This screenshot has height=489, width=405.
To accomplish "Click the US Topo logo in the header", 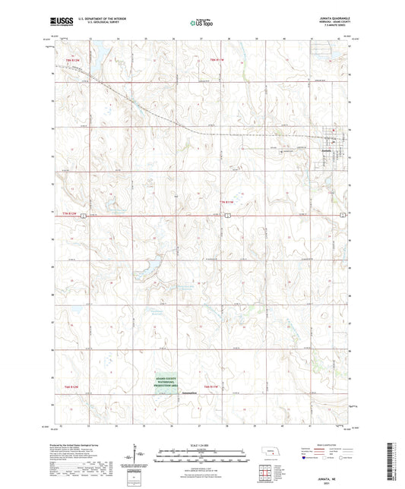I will pos(202,23).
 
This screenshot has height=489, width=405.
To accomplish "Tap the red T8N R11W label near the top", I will pos(219,59).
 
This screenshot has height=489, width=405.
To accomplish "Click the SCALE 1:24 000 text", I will pos(202,445).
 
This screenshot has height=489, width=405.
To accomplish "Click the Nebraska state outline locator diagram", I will pos(271,455).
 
